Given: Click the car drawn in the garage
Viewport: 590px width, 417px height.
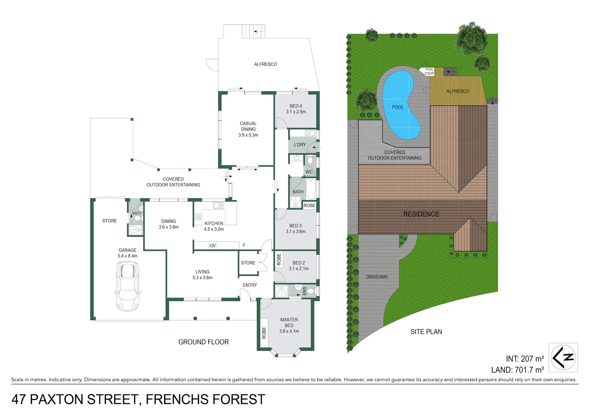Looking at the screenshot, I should coord(127,286).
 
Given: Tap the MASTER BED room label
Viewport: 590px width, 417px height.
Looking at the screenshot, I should coord(289,322).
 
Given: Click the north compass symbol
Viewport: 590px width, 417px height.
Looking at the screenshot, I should coord(563,357).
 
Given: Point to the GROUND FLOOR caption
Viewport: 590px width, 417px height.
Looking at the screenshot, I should coord(203,342).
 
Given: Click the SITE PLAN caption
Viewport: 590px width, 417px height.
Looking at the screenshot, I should coord(426,332).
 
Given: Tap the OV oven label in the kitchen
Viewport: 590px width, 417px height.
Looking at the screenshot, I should coord(212,246).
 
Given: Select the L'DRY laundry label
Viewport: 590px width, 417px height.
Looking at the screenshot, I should coord(300,145).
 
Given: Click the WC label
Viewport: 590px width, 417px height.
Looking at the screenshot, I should coord(309,172).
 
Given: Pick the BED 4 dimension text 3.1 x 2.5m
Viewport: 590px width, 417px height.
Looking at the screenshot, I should coord(296,112).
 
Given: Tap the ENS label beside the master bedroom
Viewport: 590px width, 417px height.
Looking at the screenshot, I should coord(304,291).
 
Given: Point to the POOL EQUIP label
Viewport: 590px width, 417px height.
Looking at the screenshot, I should coord(429,71).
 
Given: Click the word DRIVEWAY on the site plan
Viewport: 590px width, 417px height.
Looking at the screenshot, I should coord(377,277).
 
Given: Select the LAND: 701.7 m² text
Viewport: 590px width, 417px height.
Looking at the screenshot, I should coord(517,370).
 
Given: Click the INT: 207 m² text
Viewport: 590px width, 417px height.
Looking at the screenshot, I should coord(525,359).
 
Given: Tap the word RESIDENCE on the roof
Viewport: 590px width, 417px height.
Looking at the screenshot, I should coord(421,214).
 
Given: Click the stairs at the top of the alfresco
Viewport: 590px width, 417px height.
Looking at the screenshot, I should coord(254,31).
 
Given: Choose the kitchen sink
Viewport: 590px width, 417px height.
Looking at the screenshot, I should coord(218,205).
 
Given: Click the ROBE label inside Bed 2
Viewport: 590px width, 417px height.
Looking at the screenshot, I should coord(279,259).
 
